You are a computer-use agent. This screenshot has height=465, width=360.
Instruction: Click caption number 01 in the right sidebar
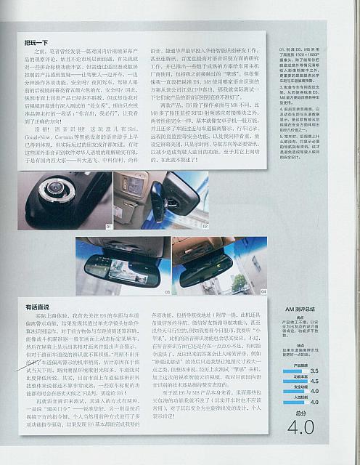pyautogui.click(x=282, y=48)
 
